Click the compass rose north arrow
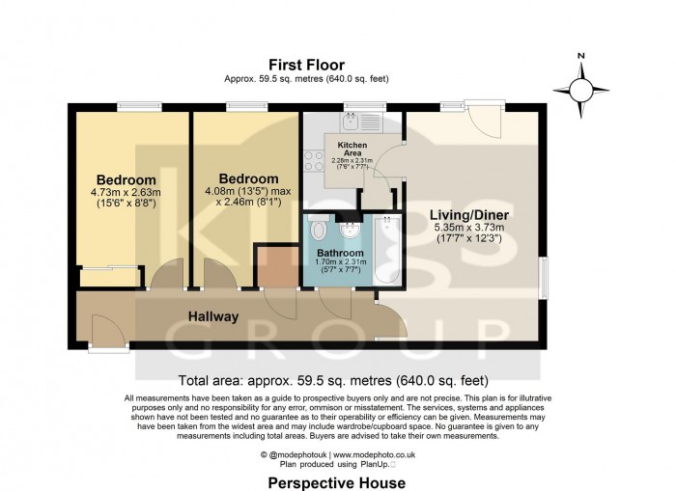[x=581, y=88]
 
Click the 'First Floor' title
[x=306, y=65]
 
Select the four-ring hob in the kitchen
[x=314, y=158]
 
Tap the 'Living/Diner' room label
[x=467, y=215]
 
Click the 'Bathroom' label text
[x=341, y=253]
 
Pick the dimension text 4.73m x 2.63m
[x=126, y=192]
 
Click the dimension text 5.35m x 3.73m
[x=467, y=228]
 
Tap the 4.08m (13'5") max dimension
[x=248, y=191]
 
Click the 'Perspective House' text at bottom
[x=337, y=481]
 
